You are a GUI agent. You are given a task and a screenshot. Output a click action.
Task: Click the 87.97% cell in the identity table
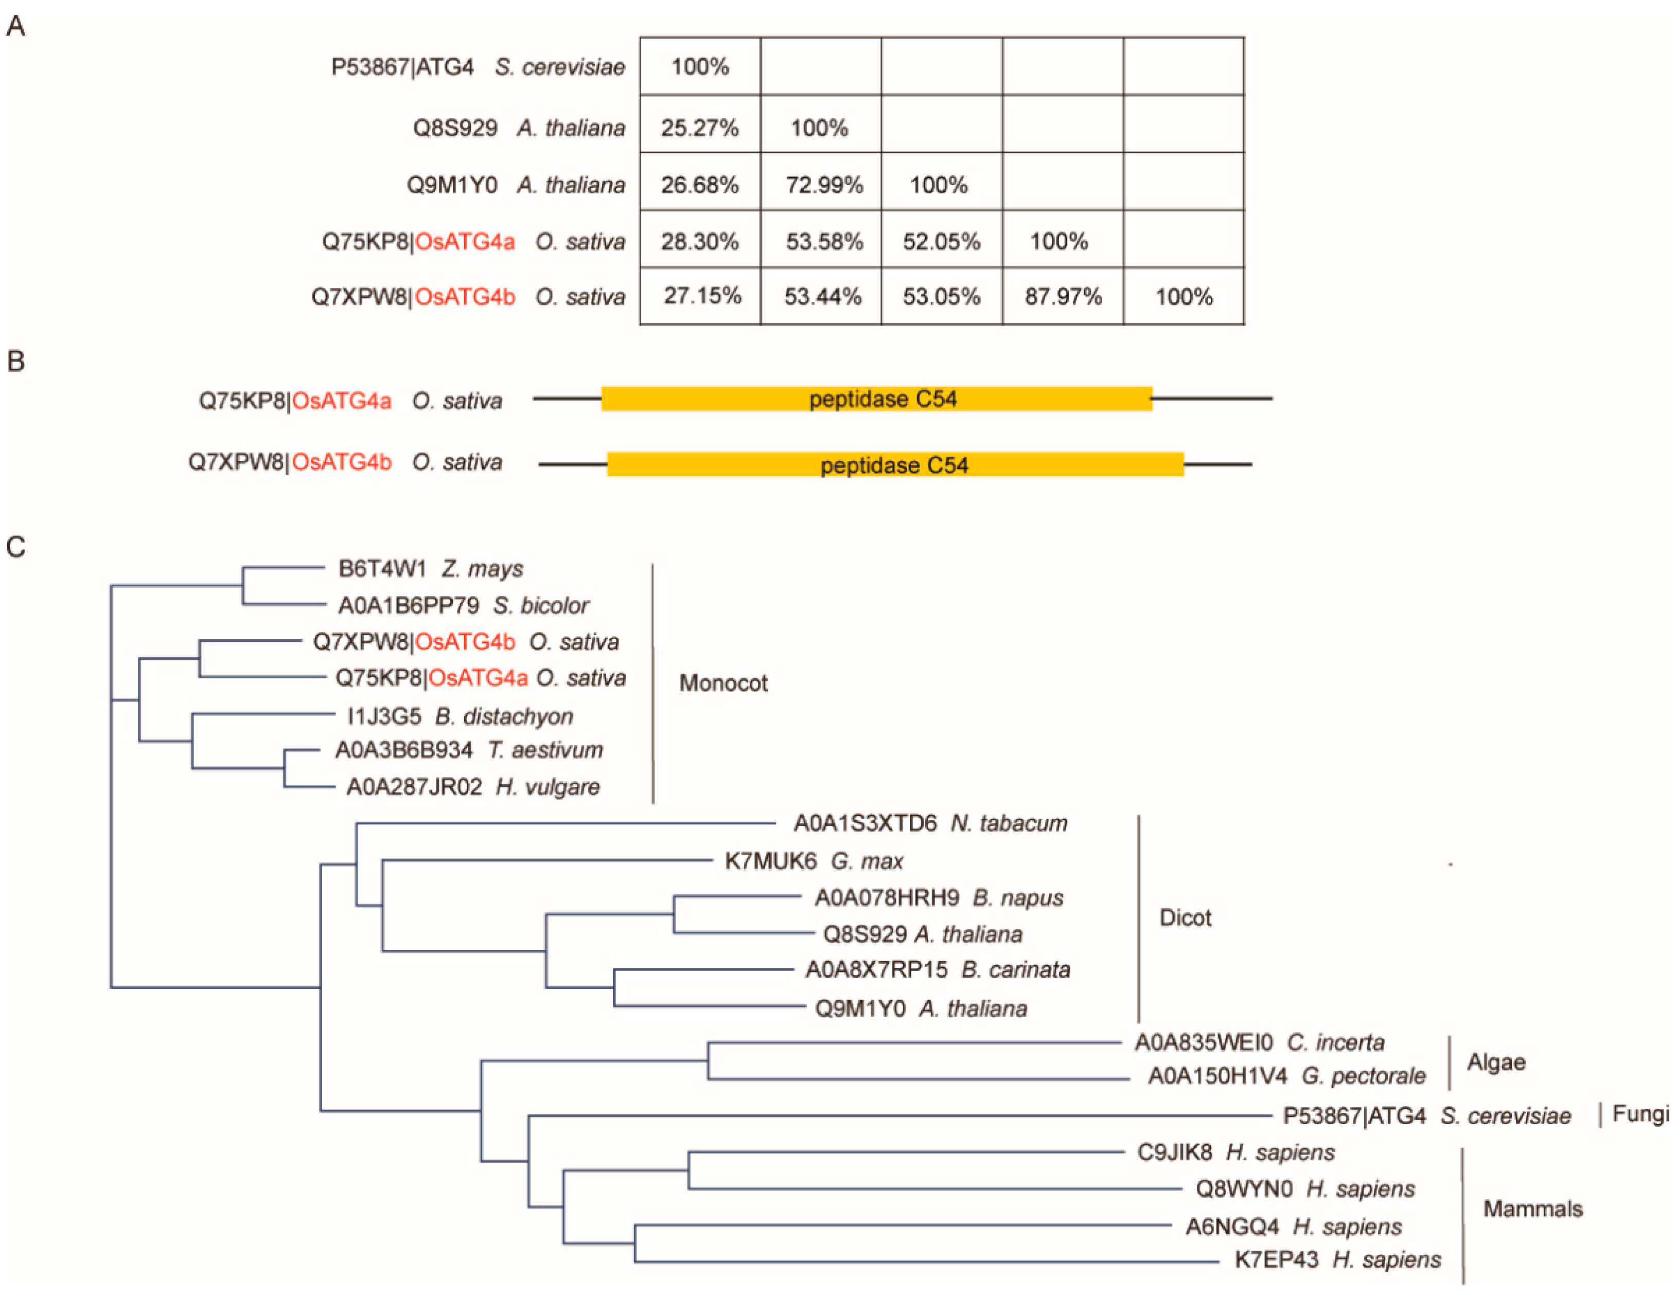point(1063,296)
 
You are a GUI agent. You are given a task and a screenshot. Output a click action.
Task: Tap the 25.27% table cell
point(699,128)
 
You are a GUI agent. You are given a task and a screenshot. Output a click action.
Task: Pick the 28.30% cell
point(699,242)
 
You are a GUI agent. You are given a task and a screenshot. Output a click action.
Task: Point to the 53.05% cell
point(941,296)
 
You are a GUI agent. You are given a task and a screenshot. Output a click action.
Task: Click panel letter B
point(15,361)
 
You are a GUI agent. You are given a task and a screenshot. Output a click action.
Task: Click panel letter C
point(15,547)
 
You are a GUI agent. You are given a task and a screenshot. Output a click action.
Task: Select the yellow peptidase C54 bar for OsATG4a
point(876,399)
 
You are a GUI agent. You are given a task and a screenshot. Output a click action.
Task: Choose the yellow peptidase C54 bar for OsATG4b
point(894,464)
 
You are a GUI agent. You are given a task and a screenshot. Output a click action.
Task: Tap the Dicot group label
point(1185,917)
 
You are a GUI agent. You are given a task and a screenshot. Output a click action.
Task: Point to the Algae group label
point(1496,1061)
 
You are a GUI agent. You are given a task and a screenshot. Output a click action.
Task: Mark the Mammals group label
point(1532,1209)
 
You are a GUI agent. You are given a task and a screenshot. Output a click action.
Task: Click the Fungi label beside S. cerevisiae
point(1640,1113)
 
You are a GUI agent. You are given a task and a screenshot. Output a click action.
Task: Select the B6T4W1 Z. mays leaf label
point(430,569)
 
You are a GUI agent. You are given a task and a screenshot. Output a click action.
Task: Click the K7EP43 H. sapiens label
point(1337,1259)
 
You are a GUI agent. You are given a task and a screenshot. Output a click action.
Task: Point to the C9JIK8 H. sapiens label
point(1234,1152)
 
